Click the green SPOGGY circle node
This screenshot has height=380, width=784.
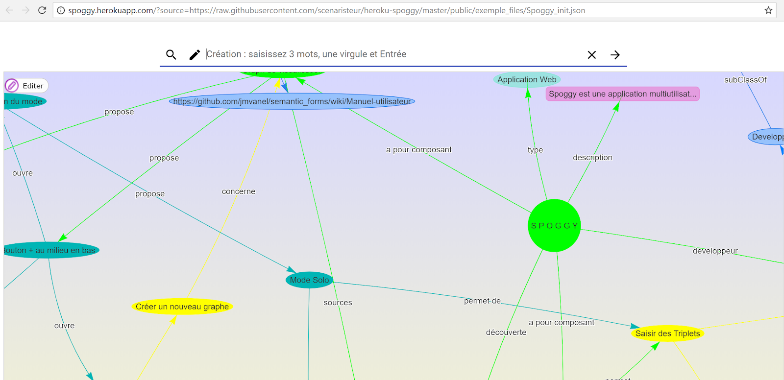pyautogui.click(x=554, y=226)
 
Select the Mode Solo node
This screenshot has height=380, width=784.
pyautogui.click(x=309, y=280)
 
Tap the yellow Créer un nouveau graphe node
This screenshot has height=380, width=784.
pyautogui.click(x=182, y=307)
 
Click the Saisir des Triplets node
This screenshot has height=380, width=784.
pyautogui.click(x=667, y=333)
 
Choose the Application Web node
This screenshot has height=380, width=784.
pyautogui.click(x=527, y=80)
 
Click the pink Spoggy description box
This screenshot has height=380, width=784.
pyautogui.click(x=622, y=94)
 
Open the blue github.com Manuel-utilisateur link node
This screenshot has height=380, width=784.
pyautogui.click(x=292, y=101)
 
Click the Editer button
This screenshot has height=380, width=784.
pyautogui.click(x=26, y=86)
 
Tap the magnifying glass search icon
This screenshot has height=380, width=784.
pyautogui.click(x=171, y=55)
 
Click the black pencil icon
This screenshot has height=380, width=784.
pyautogui.click(x=195, y=55)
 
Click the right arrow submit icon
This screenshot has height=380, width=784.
pyautogui.click(x=615, y=55)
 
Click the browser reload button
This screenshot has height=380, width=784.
pyautogui.click(x=42, y=10)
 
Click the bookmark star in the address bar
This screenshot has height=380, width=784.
pyautogui.click(x=768, y=10)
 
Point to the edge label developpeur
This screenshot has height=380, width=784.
pyautogui.click(x=715, y=251)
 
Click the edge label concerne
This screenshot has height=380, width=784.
pyautogui.click(x=239, y=191)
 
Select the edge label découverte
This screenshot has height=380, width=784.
pyautogui.click(x=506, y=332)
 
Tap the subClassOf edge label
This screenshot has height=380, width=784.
pyautogui.click(x=745, y=80)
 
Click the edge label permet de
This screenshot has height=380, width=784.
pyautogui.click(x=482, y=301)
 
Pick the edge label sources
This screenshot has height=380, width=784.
pyautogui.click(x=338, y=303)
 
